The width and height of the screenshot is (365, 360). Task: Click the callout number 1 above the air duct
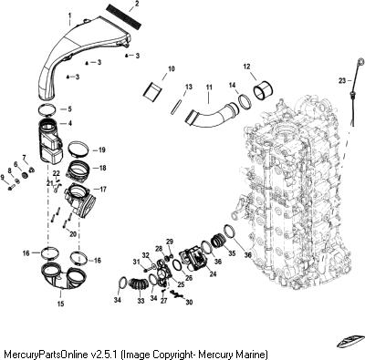tap(70, 15)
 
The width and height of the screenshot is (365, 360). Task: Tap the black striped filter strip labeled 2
tap(124, 17)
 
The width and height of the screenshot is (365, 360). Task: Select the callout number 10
tap(172, 68)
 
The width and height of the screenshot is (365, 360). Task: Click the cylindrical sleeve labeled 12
tap(262, 90)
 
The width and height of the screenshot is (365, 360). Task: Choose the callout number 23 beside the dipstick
tap(342, 80)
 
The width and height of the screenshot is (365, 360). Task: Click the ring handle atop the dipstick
tap(360, 62)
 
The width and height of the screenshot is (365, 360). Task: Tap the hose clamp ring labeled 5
tap(47, 109)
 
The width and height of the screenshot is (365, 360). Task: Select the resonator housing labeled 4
tap(50, 141)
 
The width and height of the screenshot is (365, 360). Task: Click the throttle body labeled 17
tap(79, 201)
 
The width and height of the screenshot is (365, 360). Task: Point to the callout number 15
tap(61, 303)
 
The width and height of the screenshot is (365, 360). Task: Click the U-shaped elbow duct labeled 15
tap(64, 277)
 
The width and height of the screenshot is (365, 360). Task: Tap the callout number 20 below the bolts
tap(73, 234)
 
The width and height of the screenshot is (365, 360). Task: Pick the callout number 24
tap(213, 273)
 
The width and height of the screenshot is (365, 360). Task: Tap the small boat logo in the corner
tap(350, 340)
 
